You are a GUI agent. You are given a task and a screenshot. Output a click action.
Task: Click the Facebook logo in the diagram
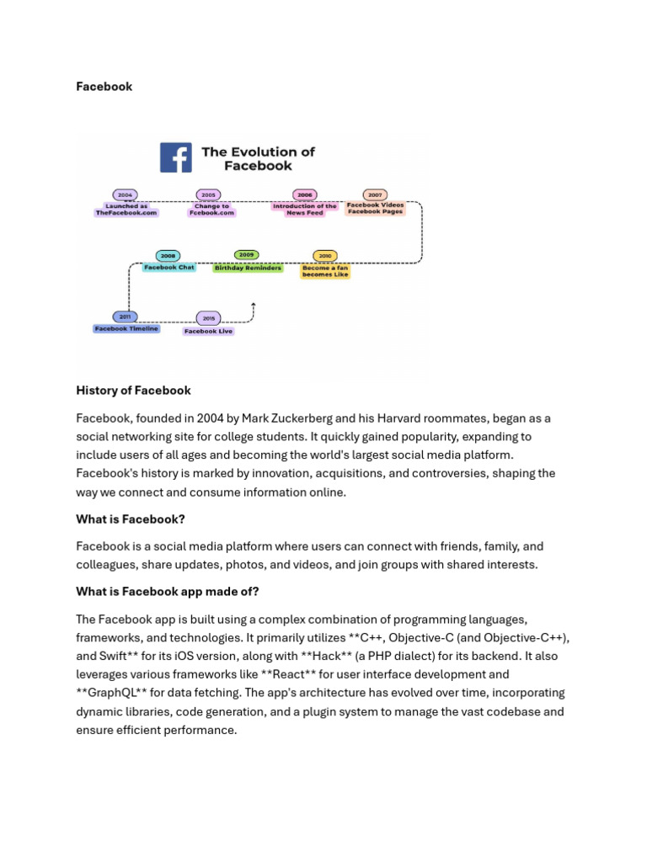pyautogui.click(x=175, y=157)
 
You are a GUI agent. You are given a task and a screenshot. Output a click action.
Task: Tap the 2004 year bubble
pyautogui.click(x=126, y=194)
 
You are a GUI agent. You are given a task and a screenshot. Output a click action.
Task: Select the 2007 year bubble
pyautogui.click(x=375, y=194)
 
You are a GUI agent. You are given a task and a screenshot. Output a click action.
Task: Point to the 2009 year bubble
pyautogui.click(x=246, y=254)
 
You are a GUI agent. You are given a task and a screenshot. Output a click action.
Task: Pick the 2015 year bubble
pyautogui.click(x=208, y=318)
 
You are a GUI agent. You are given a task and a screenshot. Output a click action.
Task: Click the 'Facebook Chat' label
pyautogui.click(x=168, y=268)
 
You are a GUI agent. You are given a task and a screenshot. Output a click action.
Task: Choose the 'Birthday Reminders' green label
pyautogui.click(x=247, y=268)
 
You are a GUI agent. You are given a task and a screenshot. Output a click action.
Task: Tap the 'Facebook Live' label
pyautogui.click(x=208, y=332)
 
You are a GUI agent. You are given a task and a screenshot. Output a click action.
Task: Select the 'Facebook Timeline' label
pyautogui.click(x=126, y=329)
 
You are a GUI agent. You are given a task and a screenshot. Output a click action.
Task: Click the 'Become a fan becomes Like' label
pyautogui.click(x=324, y=271)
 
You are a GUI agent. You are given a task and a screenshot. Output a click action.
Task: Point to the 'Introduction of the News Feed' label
pyautogui.click(x=304, y=210)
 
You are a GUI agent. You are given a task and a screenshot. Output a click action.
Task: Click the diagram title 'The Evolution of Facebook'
pyautogui.click(x=258, y=158)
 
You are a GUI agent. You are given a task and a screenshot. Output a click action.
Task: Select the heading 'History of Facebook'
pyautogui.click(x=133, y=391)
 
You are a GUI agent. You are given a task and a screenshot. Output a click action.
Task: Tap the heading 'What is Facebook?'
pyautogui.click(x=131, y=520)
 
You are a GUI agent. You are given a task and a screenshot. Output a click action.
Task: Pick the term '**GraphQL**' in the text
pyautogui.click(x=107, y=693)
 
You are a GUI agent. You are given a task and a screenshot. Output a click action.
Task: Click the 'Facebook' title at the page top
pyautogui.click(x=104, y=87)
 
